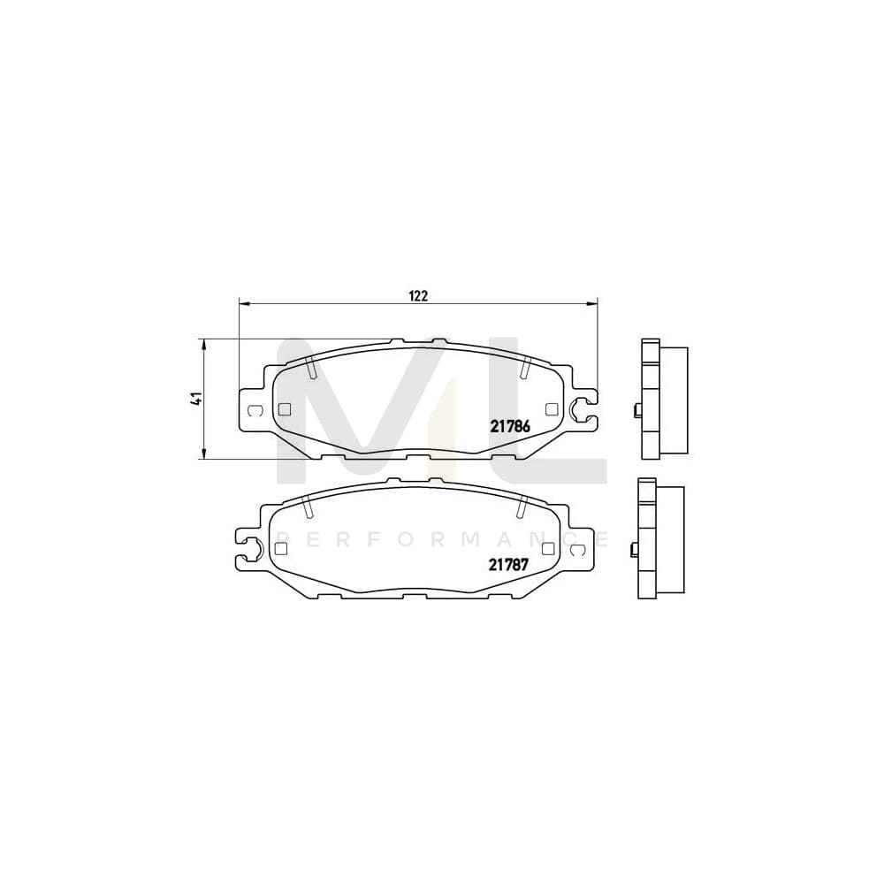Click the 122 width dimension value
[x=418, y=296]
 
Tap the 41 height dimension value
[x=197, y=398]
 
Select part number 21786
[x=510, y=425]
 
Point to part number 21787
[x=509, y=564]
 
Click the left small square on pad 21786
[x=284, y=408]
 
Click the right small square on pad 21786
[x=552, y=408]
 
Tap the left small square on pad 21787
[x=281, y=548]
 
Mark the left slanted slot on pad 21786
[x=312, y=368]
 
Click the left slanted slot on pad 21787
[x=308, y=507]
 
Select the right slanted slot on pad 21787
[x=521, y=507]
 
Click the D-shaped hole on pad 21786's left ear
[x=254, y=409]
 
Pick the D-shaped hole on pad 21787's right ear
[x=579, y=549]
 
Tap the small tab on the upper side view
[x=637, y=409]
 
